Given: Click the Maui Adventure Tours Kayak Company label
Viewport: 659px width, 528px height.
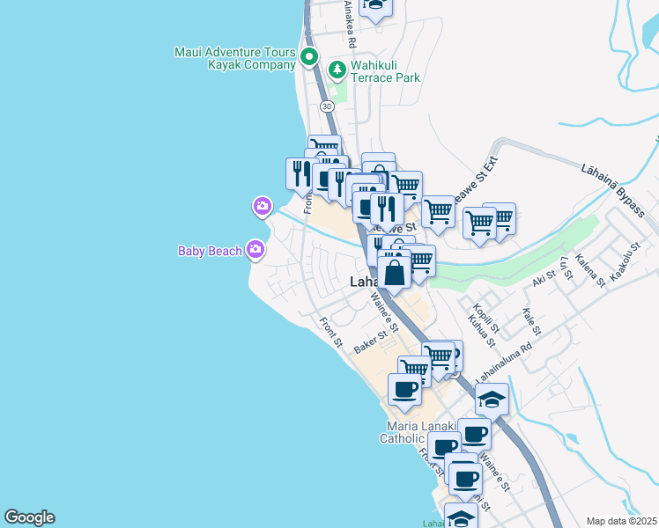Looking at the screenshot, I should coord(234,58).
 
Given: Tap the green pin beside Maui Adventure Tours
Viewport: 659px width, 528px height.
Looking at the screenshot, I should coord(309,58).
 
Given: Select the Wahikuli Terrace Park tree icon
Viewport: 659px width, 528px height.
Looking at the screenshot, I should coord(336,70).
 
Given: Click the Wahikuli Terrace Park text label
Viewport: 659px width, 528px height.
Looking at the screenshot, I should coord(385,71).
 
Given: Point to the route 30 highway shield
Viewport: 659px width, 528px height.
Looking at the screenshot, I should coord(327,106).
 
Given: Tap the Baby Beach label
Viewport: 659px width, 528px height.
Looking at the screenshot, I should coord(209,251).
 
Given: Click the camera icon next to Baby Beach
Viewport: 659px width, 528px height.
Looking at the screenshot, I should coord(255,251).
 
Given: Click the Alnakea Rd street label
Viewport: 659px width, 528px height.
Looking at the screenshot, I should coord(350,24).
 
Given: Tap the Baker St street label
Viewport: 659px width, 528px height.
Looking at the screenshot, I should coord(371,342).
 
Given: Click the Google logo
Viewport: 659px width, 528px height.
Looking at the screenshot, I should coord(29,517).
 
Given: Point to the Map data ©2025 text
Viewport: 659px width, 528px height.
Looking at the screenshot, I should coord(620,521).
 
